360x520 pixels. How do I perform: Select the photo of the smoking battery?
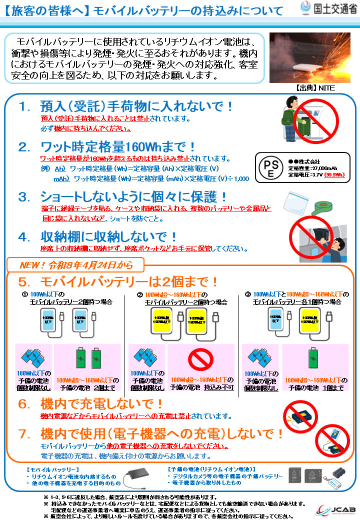[x=310, y=57]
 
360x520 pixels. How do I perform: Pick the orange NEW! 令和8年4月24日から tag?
[x=75, y=264]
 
